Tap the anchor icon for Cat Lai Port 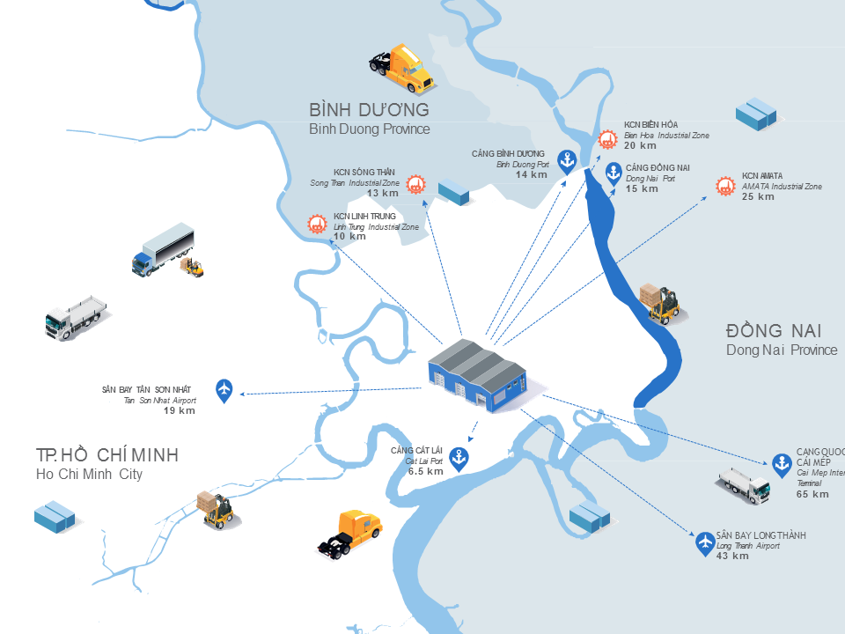[458, 456]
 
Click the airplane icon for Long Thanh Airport [704, 542]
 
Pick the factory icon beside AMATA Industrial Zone [725, 186]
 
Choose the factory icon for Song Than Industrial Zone [415, 184]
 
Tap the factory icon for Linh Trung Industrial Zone [316, 224]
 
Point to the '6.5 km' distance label [425, 471]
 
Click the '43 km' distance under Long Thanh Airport [732, 556]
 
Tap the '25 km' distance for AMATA [758, 196]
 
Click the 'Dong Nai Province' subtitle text [782, 350]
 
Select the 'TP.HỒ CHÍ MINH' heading [107, 454]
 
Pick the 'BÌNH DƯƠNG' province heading [369, 110]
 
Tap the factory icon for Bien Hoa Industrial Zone [606, 138]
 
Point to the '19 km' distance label [180, 411]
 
